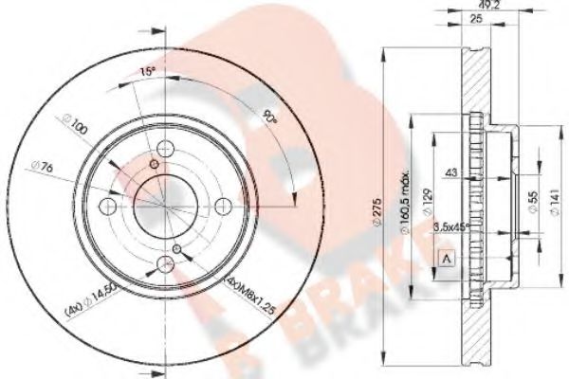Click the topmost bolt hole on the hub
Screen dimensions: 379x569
pyautogui.click(x=167, y=148)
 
